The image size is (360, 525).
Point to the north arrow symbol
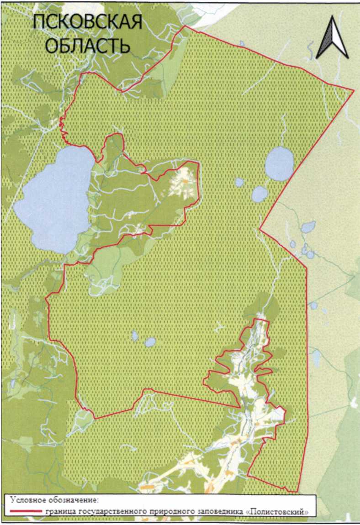(333, 36)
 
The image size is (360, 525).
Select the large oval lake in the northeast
(279, 163)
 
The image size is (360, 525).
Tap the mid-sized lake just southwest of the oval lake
(259, 194)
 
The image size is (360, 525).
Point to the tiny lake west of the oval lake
(239, 182)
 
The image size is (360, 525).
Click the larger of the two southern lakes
(150, 341)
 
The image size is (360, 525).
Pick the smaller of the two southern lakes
(135, 336)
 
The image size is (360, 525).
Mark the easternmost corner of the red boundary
(354, 90)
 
